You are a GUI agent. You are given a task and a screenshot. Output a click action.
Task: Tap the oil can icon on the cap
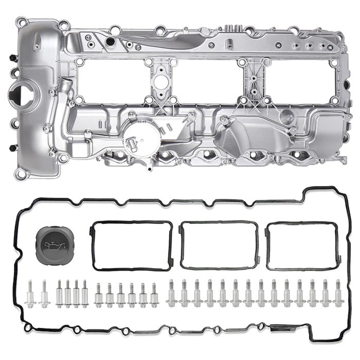[54, 246]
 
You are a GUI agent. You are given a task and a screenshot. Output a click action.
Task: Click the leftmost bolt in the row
[31, 294]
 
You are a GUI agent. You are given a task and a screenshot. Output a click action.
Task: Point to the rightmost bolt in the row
[338, 293]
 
